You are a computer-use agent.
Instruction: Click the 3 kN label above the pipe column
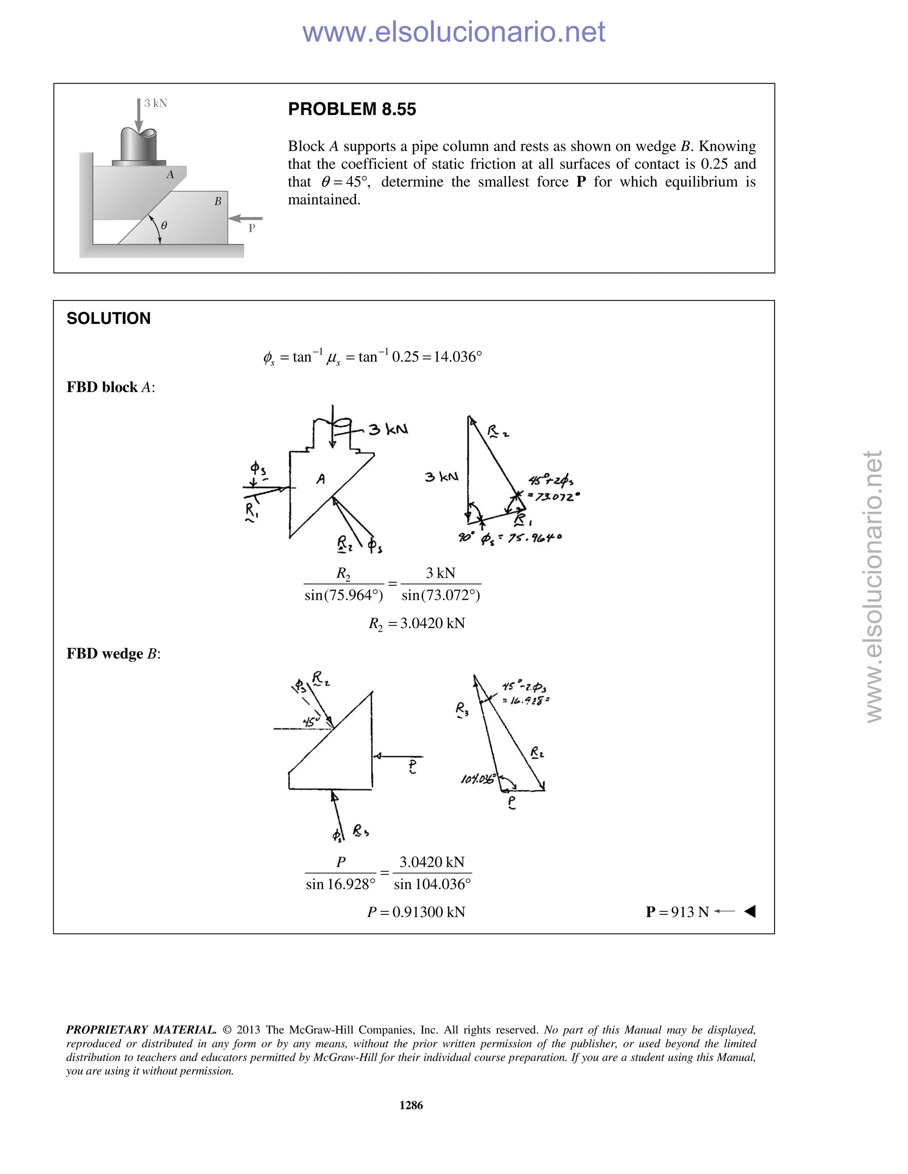point(156,103)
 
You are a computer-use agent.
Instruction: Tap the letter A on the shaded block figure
point(170,175)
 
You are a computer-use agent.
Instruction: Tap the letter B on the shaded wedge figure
point(218,202)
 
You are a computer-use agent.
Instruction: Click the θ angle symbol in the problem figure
point(164,226)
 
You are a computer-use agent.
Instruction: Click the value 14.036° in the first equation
point(457,357)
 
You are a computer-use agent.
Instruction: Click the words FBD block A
point(110,387)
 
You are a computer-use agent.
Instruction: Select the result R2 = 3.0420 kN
point(416,624)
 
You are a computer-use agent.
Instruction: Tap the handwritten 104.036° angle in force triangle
point(477,779)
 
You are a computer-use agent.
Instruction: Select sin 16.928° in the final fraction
point(340,884)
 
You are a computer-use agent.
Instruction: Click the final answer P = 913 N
point(677,912)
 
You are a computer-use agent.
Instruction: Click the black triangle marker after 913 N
point(750,911)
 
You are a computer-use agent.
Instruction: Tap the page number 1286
point(411,1105)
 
